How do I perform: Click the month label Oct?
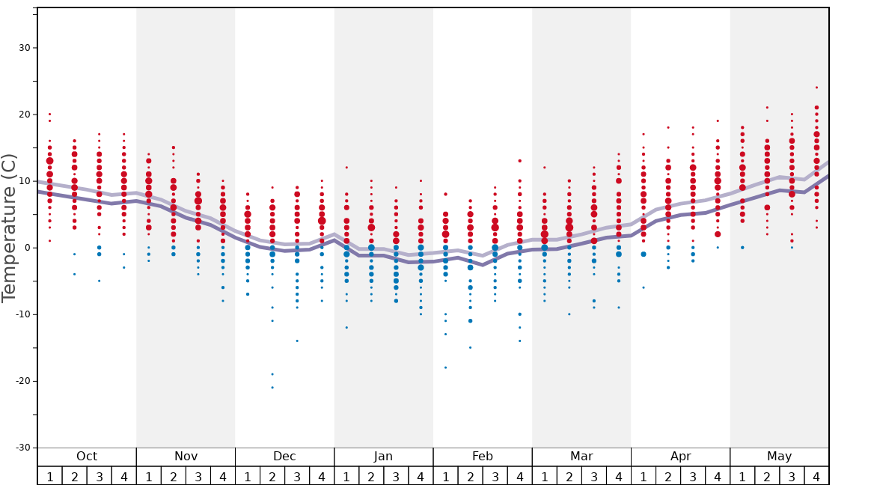click(87, 457)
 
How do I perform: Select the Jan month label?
click(383, 457)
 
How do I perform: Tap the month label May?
click(779, 457)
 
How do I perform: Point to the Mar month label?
click(581, 457)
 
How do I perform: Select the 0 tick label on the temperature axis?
click(26, 248)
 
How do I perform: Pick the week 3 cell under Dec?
click(297, 476)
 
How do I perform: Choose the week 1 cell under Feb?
click(445, 476)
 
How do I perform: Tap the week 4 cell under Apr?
click(718, 476)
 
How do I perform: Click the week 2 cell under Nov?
click(174, 476)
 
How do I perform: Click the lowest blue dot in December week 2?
click(272, 387)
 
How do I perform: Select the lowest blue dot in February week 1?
click(445, 367)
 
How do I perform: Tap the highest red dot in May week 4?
click(816, 88)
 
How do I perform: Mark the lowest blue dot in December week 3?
click(297, 341)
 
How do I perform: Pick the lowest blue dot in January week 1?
click(346, 327)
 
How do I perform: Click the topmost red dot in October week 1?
click(49, 115)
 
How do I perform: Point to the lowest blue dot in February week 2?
click(470, 347)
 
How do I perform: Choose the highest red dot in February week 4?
click(519, 161)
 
